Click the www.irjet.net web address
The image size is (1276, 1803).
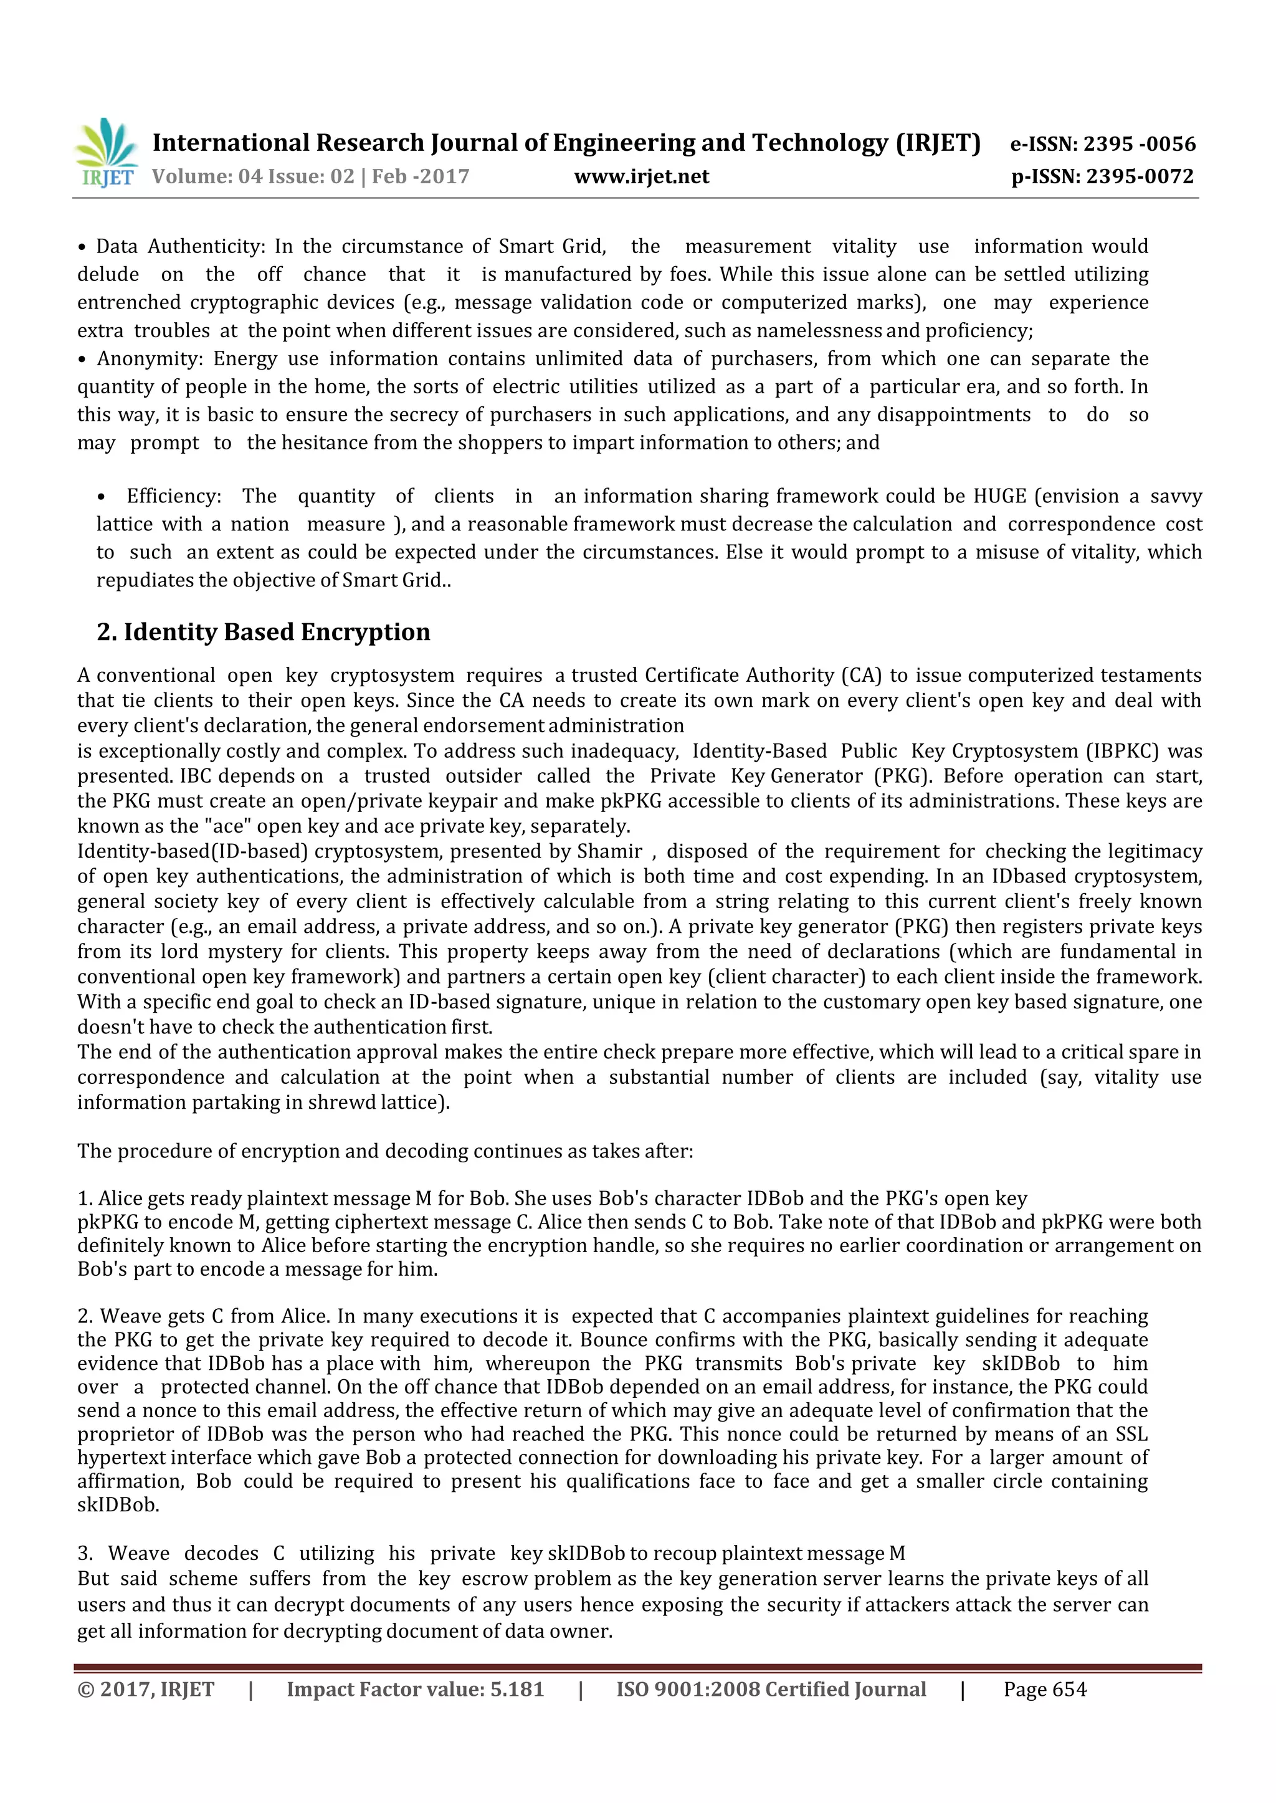click(641, 177)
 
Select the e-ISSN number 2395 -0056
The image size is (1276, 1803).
click(1140, 144)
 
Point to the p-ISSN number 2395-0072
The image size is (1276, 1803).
click(1140, 177)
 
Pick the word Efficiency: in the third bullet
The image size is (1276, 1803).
click(174, 497)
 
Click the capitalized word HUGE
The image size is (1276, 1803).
click(999, 497)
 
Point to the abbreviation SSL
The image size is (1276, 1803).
click(1131, 1435)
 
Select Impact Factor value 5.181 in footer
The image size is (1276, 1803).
click(415, 1690)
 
